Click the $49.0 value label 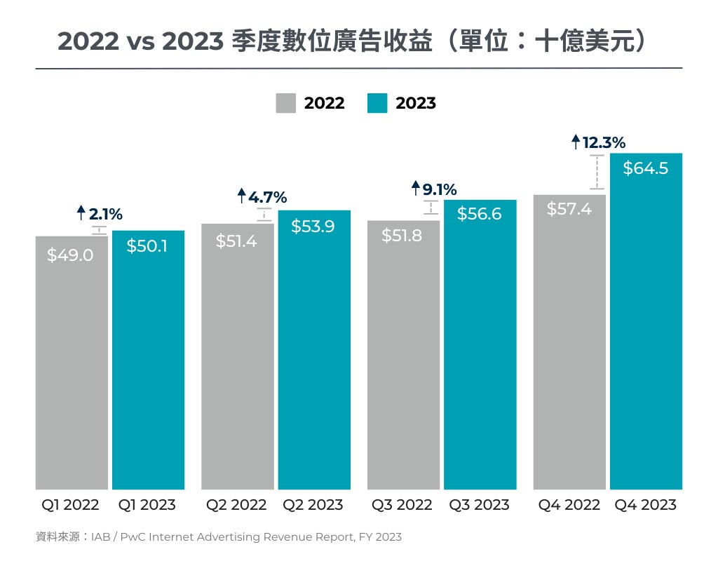tap(70, 255)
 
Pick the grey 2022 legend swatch tap(286, 103)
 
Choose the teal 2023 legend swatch tap(377, 103)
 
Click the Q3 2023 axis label tap(480, 505)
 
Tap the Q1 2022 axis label tap(70, 505)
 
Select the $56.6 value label tap(480, 214)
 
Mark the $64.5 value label tap(646, 168)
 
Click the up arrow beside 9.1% tap(415, 188)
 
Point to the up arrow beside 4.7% tap(242, 196)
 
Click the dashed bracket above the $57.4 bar tap(597, 172)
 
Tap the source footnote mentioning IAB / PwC tap(219, 537)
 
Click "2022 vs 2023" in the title tap(140, 42)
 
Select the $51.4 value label tap(236, 241)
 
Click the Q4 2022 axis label tap(569, 505)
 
